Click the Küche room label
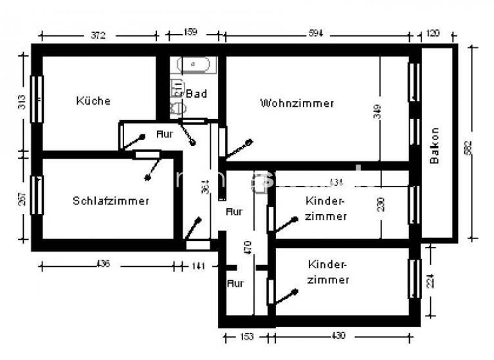coord(93,101)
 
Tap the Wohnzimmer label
coord(297,103)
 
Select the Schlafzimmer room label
coord(111,201)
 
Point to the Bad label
coord(196,94)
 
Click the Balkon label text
coord(435,145)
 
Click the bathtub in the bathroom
coord(197,65)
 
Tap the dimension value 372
coord(97,35)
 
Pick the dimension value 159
coord(191,33)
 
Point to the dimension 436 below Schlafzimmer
coord(102,264)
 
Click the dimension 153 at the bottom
coord(248,336)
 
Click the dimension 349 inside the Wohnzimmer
coord(378,113)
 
